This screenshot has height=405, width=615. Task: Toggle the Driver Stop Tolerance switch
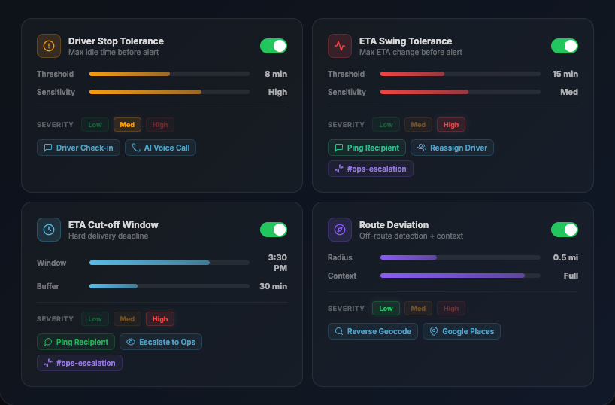tap(274, 46)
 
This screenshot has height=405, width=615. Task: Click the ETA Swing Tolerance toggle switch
tap(564, 46)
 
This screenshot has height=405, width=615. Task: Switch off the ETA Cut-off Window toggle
tap(274, 230)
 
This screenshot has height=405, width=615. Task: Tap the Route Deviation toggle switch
tap(564, 230)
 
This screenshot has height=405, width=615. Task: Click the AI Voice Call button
tap(160, 148)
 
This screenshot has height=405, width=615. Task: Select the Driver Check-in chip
tap(78, 148)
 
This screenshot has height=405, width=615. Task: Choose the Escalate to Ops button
tap(160, 342)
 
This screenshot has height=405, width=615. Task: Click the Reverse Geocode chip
tap(372, 331)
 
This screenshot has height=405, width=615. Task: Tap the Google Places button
tap(461, 331)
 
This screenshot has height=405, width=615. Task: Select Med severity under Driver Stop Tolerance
tap(127, 125)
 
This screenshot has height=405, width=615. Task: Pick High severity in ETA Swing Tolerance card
tap(450, 125)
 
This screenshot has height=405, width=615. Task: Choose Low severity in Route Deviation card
tap(386, 309)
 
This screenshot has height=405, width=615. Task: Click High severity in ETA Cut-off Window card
tap(159, 319)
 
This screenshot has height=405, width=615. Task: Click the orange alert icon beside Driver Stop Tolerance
tap(49, 46)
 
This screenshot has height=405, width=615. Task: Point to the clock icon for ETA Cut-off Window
tap(49, 230)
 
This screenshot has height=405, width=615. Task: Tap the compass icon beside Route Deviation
tap(340, 230)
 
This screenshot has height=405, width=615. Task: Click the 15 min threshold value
tap(565, 74)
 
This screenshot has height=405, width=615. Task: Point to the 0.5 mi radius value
tap(565, 257)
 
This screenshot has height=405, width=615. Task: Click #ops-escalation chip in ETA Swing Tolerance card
tap(370, 169)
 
